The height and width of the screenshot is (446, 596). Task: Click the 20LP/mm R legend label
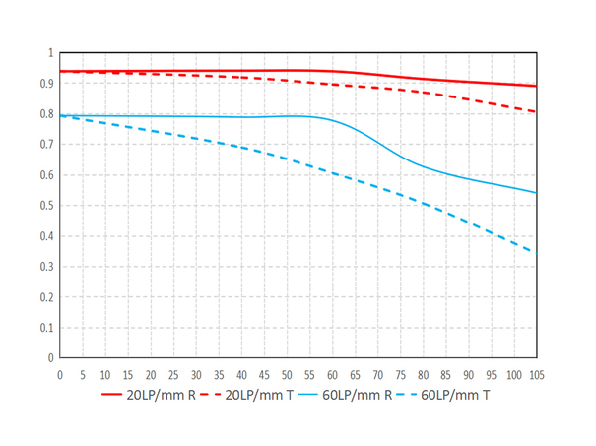(161, 395)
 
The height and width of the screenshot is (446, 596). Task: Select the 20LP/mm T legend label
(259, 395)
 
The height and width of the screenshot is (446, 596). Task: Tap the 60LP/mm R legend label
(359, 395)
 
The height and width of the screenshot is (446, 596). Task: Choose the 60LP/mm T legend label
(457, 395)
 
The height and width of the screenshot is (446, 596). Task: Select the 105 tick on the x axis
(537, 375)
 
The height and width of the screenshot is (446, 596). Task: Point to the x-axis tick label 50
(287, 375)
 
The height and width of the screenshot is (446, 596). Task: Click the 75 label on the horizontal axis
(401, 375)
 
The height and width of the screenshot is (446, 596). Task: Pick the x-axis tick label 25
(173, 375)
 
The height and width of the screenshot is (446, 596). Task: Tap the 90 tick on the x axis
(469, 375)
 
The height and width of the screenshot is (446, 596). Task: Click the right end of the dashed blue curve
(536, 252)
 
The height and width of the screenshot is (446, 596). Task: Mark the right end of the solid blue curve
(536, 192)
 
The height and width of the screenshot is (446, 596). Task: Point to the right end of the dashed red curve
(536, 111)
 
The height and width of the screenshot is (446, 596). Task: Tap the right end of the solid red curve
(536, 86)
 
